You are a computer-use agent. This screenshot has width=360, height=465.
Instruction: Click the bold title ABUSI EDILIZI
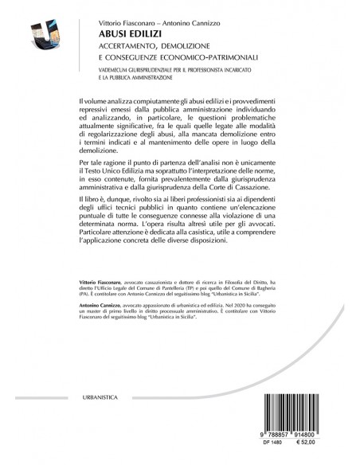click(x=124, y=36)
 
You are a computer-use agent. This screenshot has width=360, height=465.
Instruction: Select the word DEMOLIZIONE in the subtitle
click(x=194, y=49)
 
